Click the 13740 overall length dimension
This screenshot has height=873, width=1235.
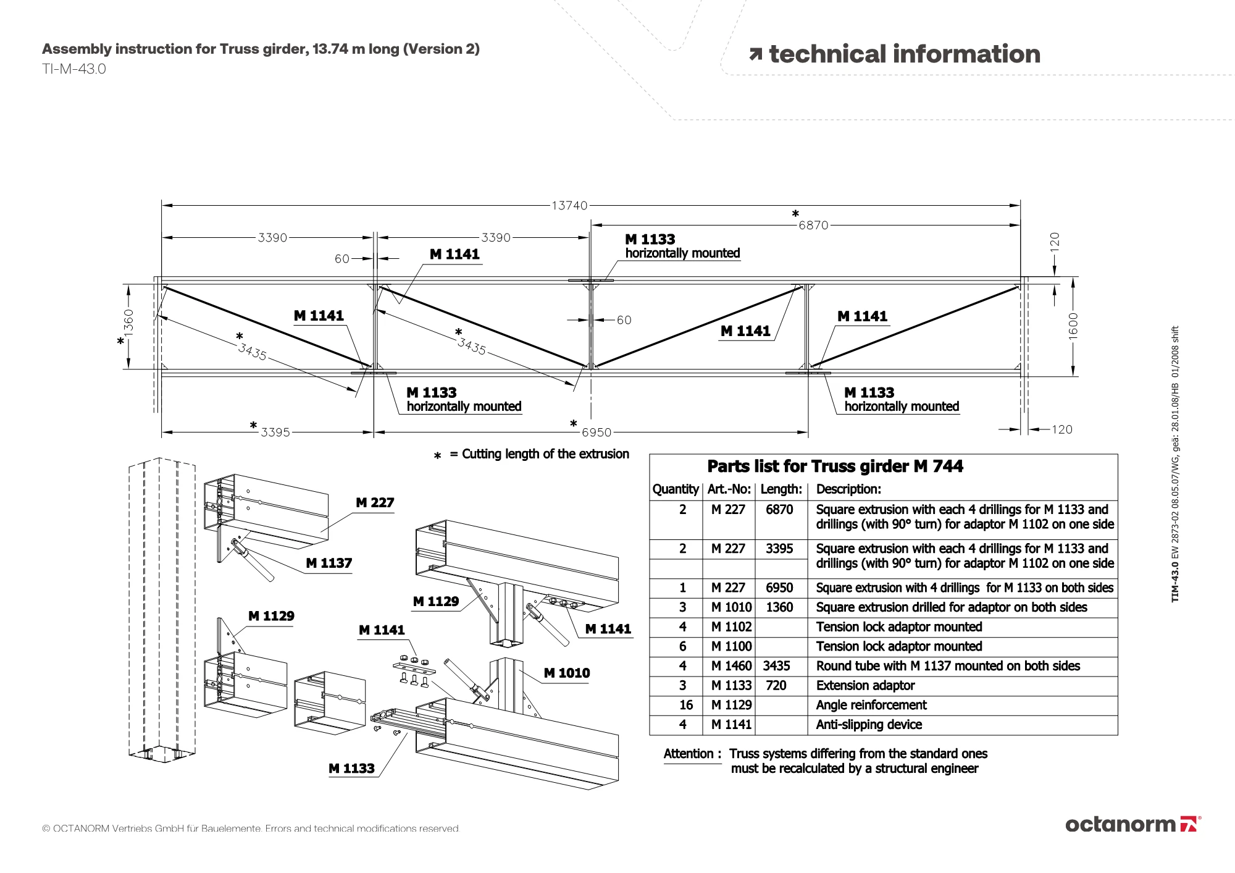point(569,206)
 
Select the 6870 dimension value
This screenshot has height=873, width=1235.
point(813,226)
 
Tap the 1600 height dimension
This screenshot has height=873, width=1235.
point(1073,326)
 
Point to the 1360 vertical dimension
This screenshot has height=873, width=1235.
point(128,322)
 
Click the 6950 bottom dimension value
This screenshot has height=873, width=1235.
point(596,432)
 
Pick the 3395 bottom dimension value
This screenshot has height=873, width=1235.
point(275,432)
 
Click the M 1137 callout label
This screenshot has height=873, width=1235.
point(329,563)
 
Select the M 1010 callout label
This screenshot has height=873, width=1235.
point(566,673)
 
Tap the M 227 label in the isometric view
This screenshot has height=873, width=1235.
point(375,503)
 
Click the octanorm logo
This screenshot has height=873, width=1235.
point(1132,824)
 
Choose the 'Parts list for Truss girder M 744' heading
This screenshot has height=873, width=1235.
point(835,466)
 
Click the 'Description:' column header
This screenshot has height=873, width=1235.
point(848,489)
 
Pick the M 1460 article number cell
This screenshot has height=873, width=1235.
point(731,666)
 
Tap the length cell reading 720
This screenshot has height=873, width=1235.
point(776,686)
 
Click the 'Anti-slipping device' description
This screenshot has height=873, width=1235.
point(869,725)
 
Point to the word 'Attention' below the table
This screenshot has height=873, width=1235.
point(689,754)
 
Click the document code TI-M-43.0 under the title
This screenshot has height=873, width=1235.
point(74,69)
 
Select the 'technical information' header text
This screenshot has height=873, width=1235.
point(904,54)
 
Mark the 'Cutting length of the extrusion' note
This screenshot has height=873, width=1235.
point(545,454)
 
